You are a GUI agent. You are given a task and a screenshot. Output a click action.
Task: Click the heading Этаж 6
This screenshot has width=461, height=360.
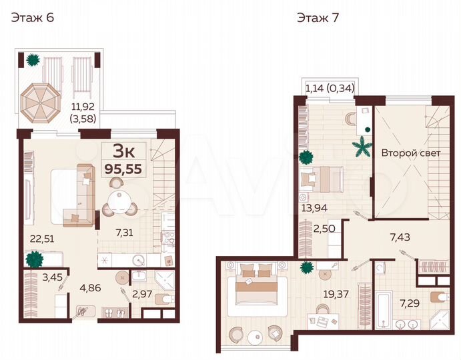pos(31,18)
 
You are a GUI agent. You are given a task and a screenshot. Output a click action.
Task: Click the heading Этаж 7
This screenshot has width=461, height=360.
pos(318,18)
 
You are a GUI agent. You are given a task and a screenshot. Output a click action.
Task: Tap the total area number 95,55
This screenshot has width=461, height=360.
pos(123,169)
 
